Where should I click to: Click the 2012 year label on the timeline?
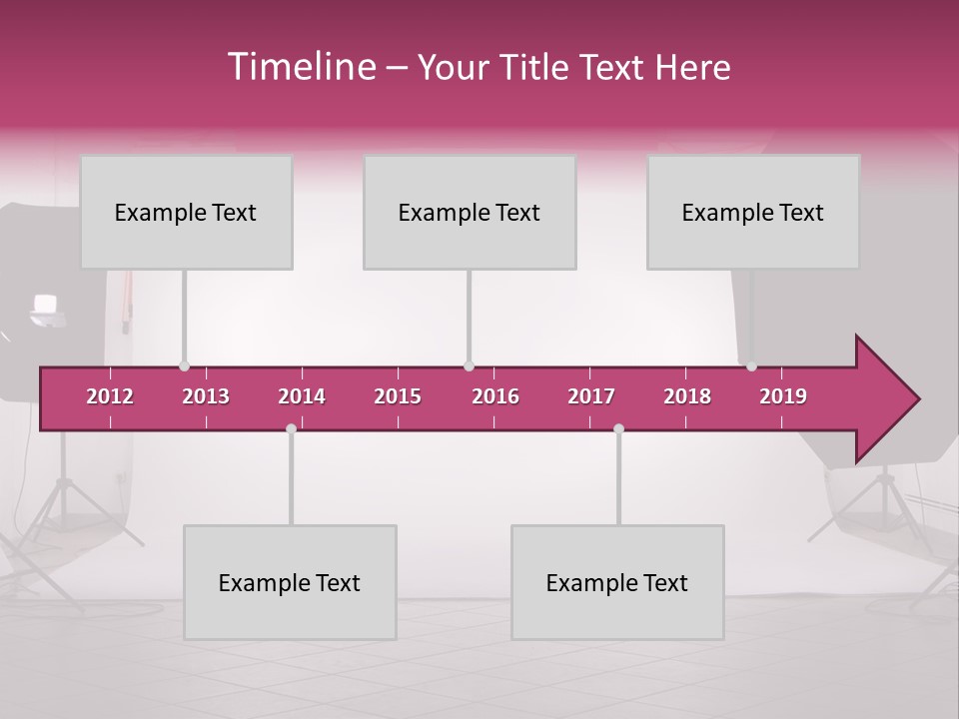(110, 396)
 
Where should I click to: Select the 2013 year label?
(206, 396)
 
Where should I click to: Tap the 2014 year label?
(302, 396)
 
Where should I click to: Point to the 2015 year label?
(398, 396)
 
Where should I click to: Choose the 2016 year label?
(495, 396)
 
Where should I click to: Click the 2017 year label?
(591, 396)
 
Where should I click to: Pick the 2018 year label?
(687, 396)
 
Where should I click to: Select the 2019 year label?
(783, 396)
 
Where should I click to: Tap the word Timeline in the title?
(301, 67)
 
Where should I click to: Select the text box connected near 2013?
(186, 212)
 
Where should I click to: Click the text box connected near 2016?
(470, 212)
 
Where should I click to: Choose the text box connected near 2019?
(753, 212)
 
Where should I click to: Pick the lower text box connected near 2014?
(290, 582)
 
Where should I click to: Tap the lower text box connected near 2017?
(617, 582)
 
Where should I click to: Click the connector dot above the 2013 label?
(184, 366)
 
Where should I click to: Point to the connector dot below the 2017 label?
(618, 428)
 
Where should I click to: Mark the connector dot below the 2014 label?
(291, 428)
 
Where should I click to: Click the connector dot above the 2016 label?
(469, 366)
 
